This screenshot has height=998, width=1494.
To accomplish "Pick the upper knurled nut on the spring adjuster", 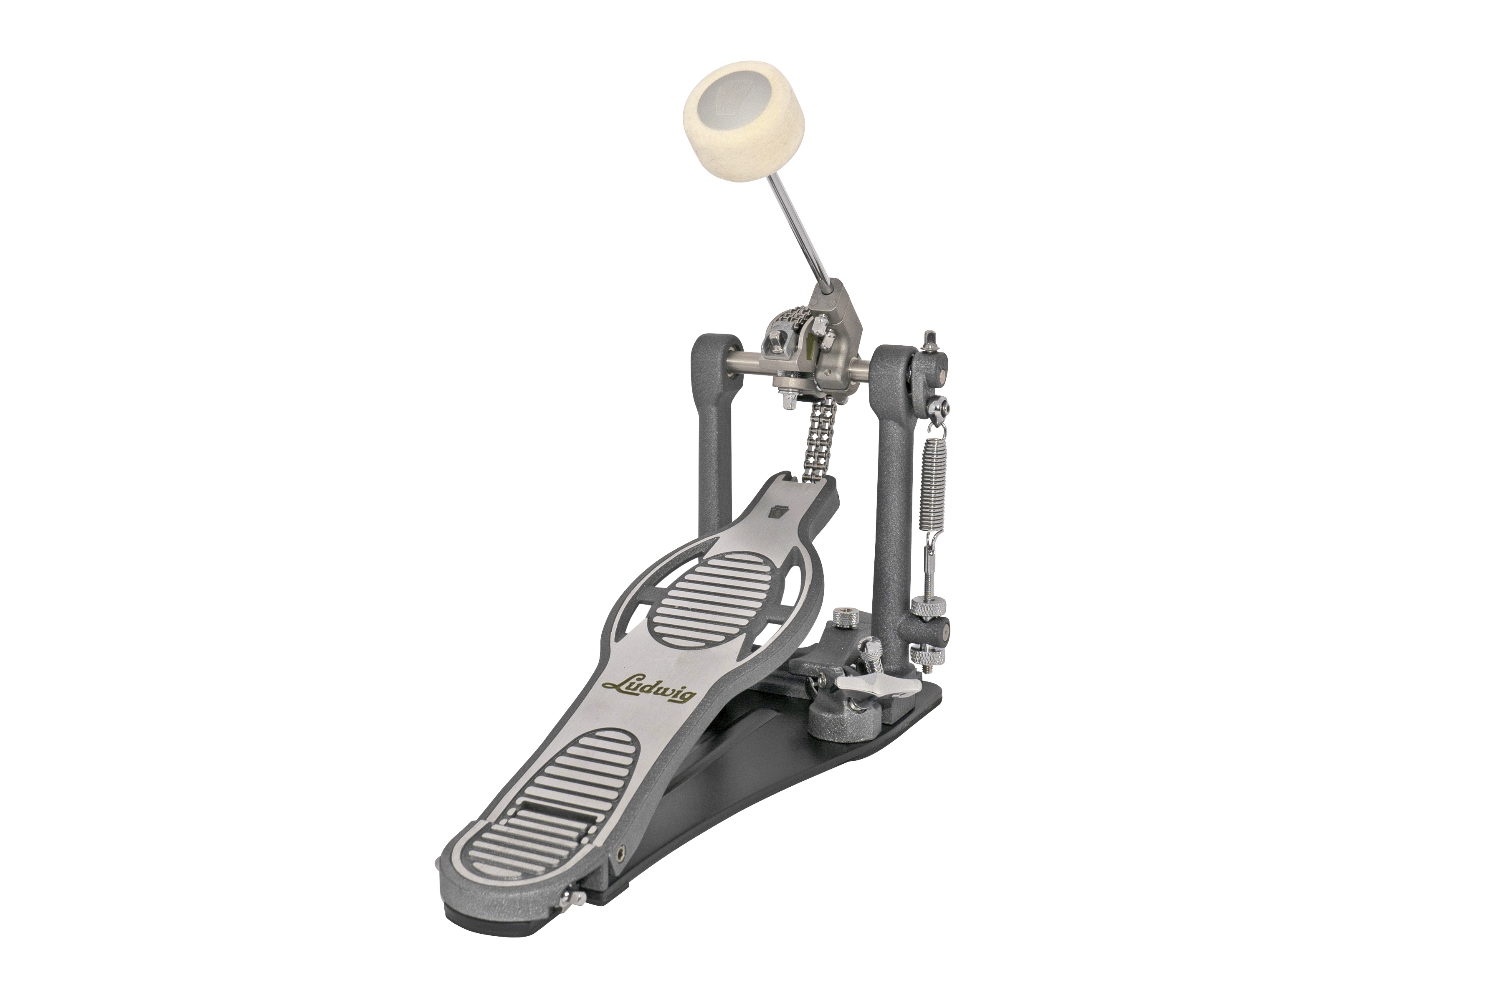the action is pyautogui.click(x=928, y=607).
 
